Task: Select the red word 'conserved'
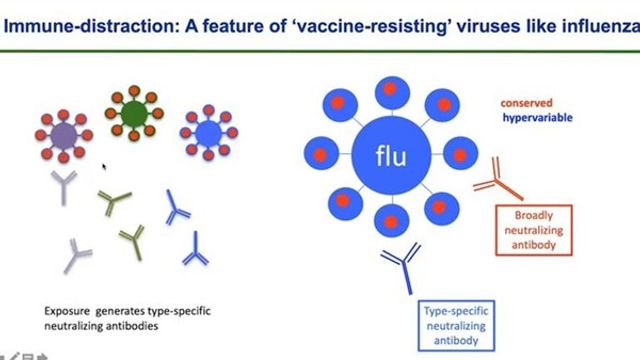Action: (528, 101)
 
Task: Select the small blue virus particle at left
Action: (207, 130)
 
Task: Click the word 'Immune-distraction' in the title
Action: (76, 14)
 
